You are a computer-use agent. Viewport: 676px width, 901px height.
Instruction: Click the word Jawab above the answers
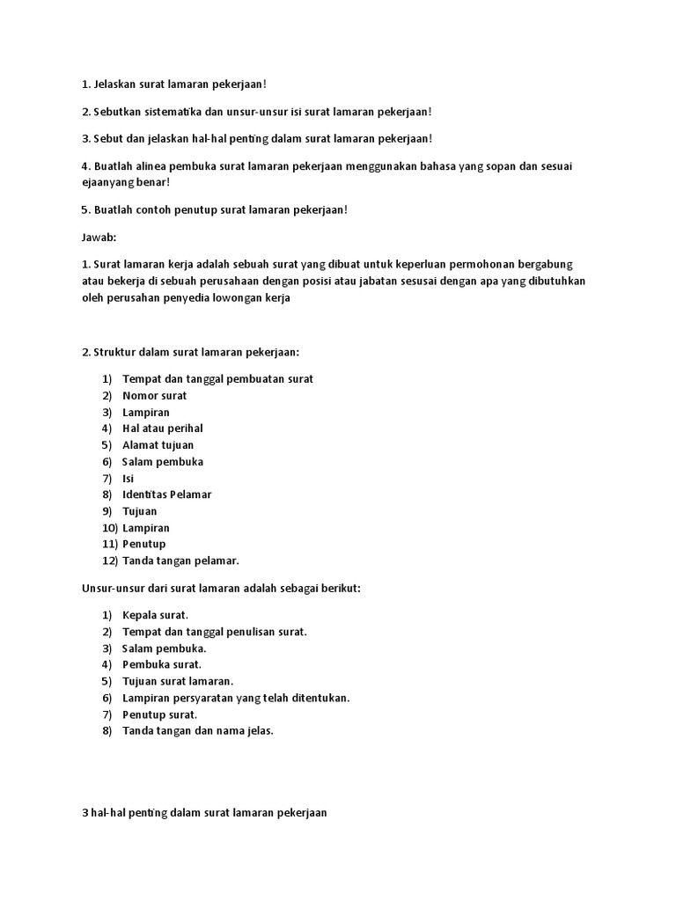coord(98,238)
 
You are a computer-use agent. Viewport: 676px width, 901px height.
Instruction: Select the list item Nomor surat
coord(154,396)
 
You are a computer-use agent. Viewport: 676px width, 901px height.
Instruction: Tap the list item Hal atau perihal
coord(162,429)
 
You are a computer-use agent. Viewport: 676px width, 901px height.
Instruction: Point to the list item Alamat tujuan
coord(158,445)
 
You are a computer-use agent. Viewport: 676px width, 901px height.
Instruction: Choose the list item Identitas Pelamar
coord(166,494)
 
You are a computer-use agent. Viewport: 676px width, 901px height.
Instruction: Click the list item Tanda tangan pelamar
coord(180,560)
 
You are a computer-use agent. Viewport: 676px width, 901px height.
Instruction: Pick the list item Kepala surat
coord(155,615)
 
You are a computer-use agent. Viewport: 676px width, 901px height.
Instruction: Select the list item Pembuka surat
coord(162,664)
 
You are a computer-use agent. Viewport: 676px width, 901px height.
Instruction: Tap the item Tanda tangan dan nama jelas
coord(198,730)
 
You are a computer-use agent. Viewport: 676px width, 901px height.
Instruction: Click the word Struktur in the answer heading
coord(115,353)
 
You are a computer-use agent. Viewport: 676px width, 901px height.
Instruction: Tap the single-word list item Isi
coord(129,478)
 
